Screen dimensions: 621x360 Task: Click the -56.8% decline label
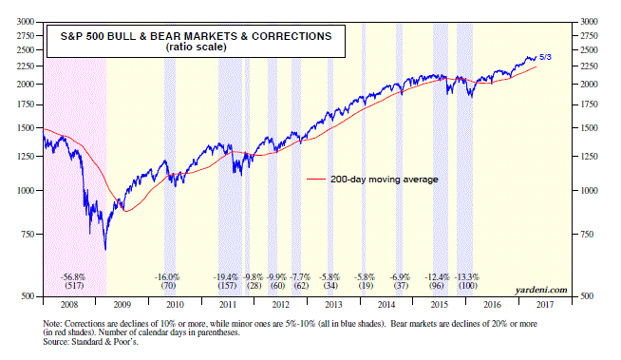[73, 277]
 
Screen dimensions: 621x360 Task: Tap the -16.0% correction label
[167, 277]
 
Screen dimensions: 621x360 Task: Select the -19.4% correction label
[226, 277]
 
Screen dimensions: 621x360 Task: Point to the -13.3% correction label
[467, 277]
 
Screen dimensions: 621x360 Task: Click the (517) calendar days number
[74, 286]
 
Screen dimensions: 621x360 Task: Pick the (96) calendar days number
[437, 286]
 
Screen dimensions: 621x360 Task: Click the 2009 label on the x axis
[122, 305]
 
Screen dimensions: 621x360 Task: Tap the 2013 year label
[333, 305]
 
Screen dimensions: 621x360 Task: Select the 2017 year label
[545, 305]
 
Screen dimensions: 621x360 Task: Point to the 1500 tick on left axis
[26, 128]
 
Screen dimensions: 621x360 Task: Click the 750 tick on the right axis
[587, 234]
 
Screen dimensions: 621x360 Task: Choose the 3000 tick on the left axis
[26, 22]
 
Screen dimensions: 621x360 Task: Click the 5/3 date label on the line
[545, 57]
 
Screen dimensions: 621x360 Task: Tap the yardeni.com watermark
[541, 291]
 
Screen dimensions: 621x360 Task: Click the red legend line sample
[316, 180]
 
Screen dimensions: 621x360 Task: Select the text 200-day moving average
[385, 180]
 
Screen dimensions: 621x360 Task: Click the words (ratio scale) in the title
[196, 47]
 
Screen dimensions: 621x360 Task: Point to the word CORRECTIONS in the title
[292, 36]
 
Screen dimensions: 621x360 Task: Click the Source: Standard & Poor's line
[91, 341]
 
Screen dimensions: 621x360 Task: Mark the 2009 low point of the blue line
[105, 250]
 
